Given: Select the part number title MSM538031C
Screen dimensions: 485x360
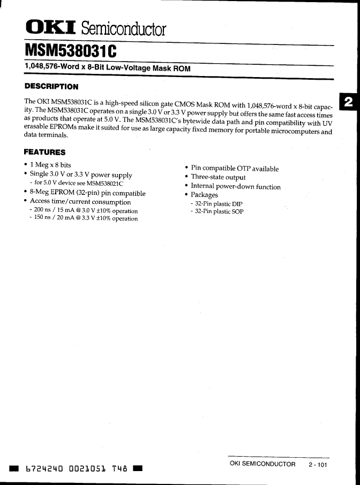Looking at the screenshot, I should [x=70, y=52].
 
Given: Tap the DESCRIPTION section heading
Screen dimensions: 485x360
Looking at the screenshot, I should [x=51, y=86].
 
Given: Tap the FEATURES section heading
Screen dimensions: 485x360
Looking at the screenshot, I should [x=45, y=152].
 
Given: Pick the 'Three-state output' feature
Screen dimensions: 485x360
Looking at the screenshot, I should [x=218, y=177].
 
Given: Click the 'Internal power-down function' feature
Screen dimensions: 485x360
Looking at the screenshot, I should [x=236, y=187].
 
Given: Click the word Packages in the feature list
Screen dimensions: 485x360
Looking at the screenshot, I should [x=205, y=195].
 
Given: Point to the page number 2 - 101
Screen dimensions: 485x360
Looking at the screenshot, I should [x=318, y=465].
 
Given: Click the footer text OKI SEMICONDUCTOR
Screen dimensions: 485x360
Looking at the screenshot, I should [x=262, y=464].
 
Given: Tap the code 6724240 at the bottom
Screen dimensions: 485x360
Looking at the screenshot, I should [x=45, y=469].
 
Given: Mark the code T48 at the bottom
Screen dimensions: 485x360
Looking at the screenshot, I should [x=119, y=469].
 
